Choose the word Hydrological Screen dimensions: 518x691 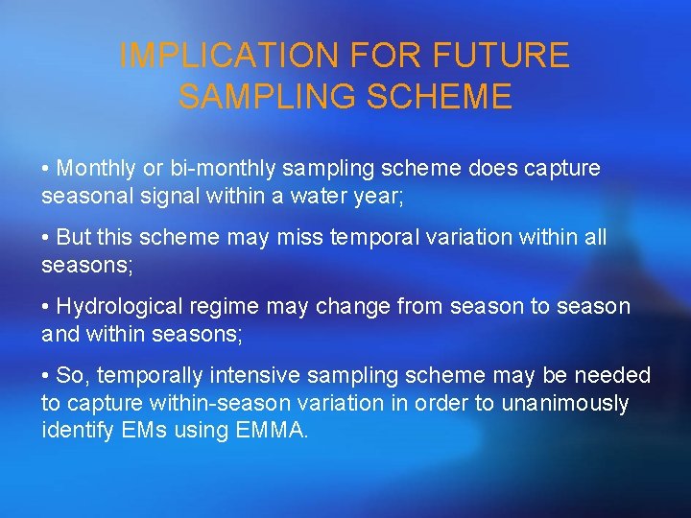[119, 306]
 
